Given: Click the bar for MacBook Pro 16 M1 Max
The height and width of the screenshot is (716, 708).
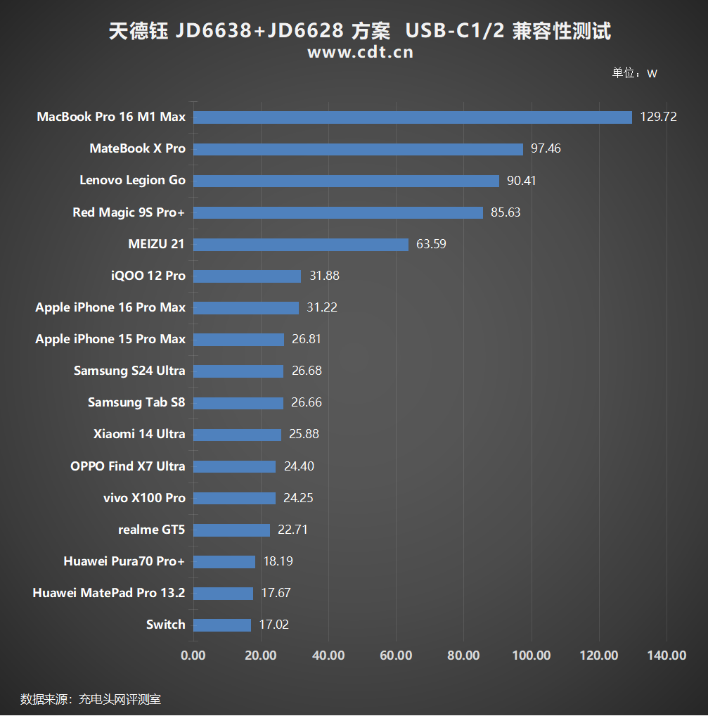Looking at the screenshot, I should pyautogui.click(x=413, y=117).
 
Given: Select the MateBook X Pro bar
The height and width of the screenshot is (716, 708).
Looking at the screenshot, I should pyautogui.click(x=358, y=149).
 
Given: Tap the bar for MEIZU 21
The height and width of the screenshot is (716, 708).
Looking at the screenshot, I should pyautogui.click(x=301, y=244).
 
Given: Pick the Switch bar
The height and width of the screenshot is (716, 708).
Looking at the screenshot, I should pyautogui.click(x=222, y=625).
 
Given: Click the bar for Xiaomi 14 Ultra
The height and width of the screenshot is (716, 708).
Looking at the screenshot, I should pyautogui.click(x=237, y=435).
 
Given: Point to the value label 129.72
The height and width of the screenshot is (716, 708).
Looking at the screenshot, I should pyautogui.click(x=658, y=117).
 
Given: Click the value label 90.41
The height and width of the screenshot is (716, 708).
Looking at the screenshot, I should pyautogui.click(x=521, y=181).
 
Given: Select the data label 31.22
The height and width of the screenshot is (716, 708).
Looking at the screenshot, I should pyautogui.click(x=322, y=307).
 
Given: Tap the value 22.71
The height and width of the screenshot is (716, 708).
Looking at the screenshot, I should pyautogui.click(x=292, y=530).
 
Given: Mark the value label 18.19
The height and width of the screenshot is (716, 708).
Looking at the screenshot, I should pyautogui.click(x=278, y=561).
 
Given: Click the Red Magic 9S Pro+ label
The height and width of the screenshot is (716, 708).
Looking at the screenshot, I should pyautogui.click(x=129, y=212).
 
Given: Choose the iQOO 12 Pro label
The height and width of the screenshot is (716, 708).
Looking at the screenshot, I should pyautogui.click(x=148, y=276).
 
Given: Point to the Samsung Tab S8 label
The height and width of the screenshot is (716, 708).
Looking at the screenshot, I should pyautogui.click(x=136, y=402).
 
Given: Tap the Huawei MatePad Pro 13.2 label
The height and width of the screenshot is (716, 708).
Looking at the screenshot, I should pyautogui.click(x=109, y=593).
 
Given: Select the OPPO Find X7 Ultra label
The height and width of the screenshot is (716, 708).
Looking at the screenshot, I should pyautogui.click(x=128, y=466).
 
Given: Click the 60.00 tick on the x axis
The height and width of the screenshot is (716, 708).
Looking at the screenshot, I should pyautogui.click(x=396, y=656).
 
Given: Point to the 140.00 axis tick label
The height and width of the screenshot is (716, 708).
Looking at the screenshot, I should pyautogui.click(x=667, y=656).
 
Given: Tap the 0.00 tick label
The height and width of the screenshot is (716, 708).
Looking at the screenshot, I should pyautogui.click(x=193, y=656).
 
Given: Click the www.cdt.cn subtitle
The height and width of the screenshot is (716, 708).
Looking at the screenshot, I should pyautogui.click(x=360, y=53).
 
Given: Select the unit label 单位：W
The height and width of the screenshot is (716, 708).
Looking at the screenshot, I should pyautogui.click(x=634, y=73).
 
